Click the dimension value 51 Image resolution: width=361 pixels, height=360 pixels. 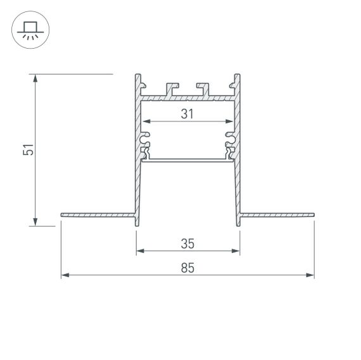click(x=28, y=150)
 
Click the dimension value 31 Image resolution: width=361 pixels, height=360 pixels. click(x=187, y=115)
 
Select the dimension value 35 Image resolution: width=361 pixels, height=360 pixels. click(x=187, y=243)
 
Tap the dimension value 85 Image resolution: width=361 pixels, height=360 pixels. click(x=187, y=268)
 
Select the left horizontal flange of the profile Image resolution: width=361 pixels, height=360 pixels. click(x=98, y=215)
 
